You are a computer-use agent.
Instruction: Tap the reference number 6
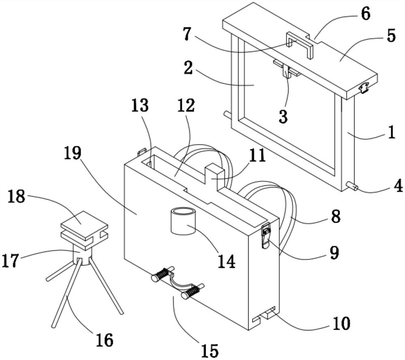point(365,14)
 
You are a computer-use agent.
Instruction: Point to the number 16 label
point(104,340)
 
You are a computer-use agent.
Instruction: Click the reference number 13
point(140,105)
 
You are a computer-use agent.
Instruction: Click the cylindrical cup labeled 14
point(183,221)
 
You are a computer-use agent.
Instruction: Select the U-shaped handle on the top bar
point(300,44)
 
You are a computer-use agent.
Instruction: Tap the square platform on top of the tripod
point(84,226)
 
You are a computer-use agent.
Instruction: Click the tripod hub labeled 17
point(82,256)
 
